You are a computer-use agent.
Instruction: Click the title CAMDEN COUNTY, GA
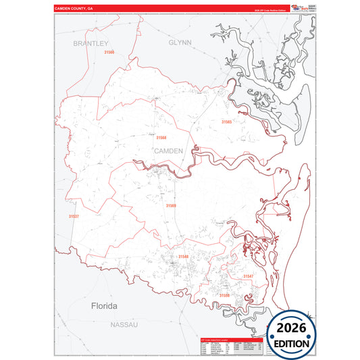point(74,9)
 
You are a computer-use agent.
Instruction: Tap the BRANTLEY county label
point(91,43)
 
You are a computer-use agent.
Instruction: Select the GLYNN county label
point(180,42)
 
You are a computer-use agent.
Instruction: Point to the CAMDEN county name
point(169,151)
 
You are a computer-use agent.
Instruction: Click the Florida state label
point(104,306)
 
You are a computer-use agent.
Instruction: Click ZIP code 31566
point(109,52)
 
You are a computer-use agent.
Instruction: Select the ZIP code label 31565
point(226,122)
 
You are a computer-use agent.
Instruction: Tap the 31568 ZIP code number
point(161,137)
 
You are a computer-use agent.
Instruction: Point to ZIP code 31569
point(172,205)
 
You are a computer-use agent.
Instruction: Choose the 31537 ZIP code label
point(74,216)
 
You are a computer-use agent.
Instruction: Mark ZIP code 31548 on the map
point(184,257)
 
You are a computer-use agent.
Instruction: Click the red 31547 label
point(248,276)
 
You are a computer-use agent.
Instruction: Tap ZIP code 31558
point(224,295)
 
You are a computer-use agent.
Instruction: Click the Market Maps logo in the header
point(301,7)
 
